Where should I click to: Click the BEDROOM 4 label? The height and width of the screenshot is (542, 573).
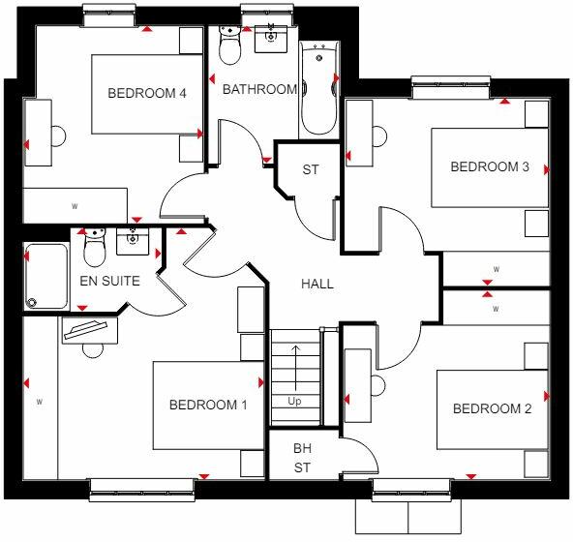[146, 93]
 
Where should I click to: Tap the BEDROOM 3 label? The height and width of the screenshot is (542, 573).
[490, 166]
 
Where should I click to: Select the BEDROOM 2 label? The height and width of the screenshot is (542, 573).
[492, 408]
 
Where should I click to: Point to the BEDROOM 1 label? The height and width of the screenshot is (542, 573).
[208, 405]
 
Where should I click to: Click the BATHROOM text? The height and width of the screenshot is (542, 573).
[259, 90]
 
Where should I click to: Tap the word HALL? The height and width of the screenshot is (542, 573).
[317, 284]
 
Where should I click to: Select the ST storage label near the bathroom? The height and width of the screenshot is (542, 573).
[310, 170]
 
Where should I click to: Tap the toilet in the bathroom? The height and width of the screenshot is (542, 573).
[230, 45]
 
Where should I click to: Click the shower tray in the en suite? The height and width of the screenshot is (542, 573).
[45, 275]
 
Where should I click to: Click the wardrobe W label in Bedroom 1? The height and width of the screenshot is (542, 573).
[40, 400]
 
